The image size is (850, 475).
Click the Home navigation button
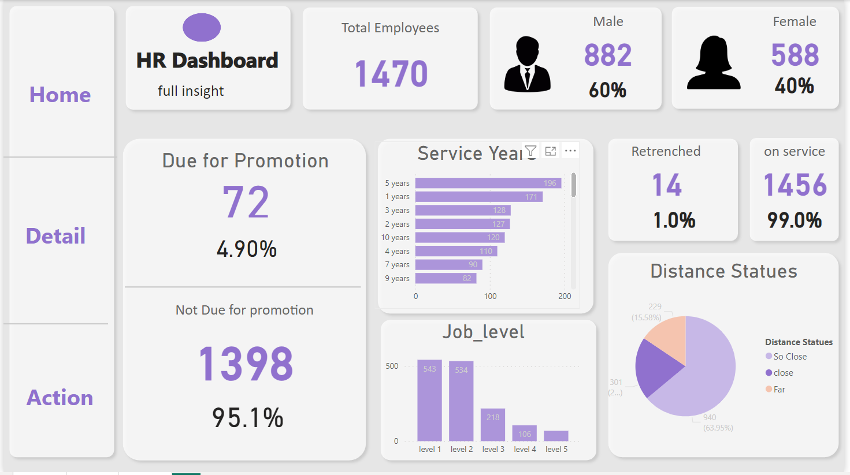coord(60,95)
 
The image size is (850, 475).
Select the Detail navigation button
coord(55,236)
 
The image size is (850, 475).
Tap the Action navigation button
coord(60,398)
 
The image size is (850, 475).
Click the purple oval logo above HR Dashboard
coord(202,27)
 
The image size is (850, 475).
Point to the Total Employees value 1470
coord(391,74)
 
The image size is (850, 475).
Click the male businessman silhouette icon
coord(527,65)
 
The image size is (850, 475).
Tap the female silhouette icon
coord(714,63)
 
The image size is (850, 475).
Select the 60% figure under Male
coord(607,90)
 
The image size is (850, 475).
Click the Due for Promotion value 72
coord(246,203)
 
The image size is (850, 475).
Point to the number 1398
coord(246,364)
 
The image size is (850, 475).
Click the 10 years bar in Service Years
coord(460,237)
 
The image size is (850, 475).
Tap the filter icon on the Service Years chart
coord(530,151)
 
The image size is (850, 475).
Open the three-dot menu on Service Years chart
coord(570,151)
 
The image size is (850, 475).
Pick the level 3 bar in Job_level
coord(493,425)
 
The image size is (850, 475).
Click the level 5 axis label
coord(556,449)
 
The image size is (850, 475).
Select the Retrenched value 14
coord(667,185)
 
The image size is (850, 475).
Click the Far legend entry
coord(779,390)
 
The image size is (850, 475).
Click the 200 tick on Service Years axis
coord(565,296)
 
